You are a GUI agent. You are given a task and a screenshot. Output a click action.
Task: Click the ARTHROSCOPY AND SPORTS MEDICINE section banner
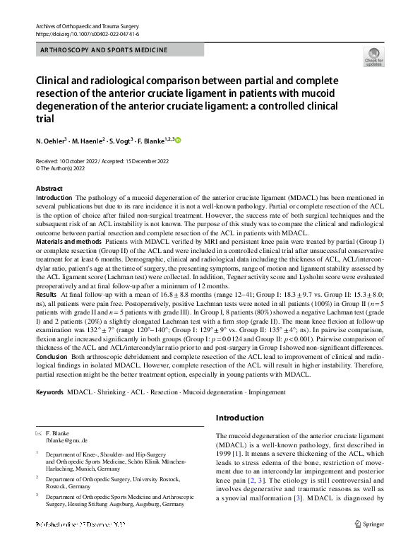click(x=104, y=50)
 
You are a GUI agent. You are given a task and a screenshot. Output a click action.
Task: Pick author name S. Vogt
click(x=135, y=141)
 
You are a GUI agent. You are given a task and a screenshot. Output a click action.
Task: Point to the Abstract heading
click(x=49, y=189)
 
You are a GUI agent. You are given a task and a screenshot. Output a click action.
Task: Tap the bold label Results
click(x=46, y=293)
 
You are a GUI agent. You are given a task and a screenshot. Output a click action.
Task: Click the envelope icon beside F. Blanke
click(x=38, y=432)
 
